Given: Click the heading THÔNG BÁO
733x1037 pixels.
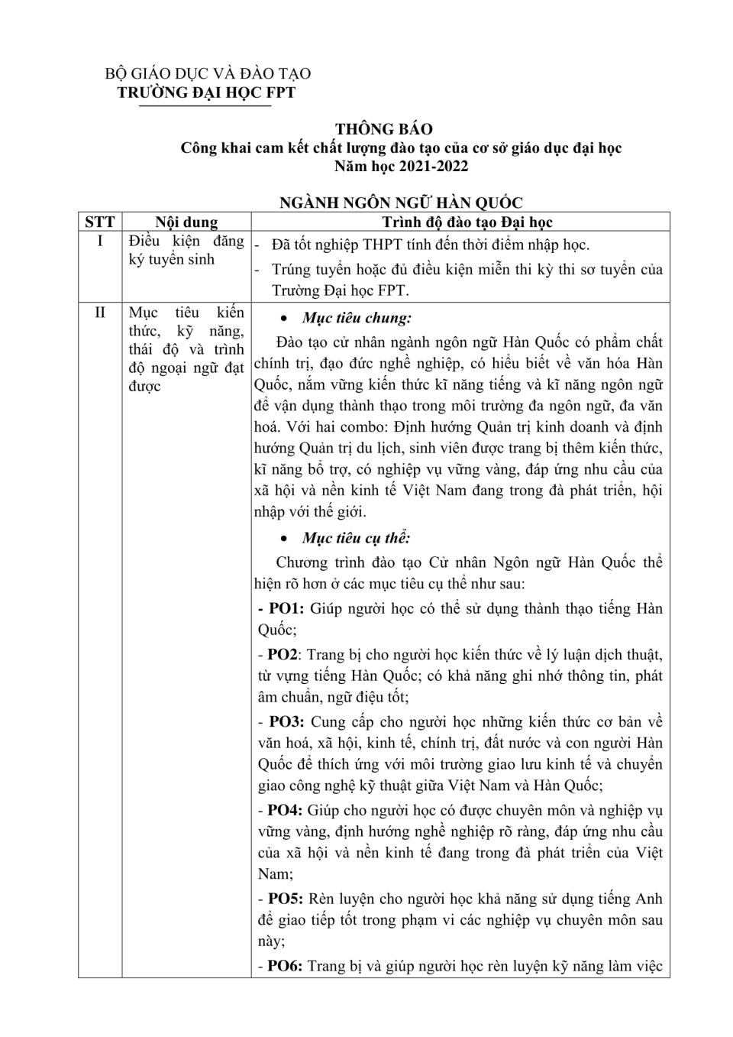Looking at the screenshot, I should click(x=383, y=129).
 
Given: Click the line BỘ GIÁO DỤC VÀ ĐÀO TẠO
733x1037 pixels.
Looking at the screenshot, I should click(x=208, y=74).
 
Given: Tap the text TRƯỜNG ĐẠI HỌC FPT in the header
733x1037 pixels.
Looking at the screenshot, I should click(x=205, y=93).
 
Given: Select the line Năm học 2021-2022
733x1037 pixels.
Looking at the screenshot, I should click(x=401, y=166).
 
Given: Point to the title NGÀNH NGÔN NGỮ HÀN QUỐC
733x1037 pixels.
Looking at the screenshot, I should click(x=401, y=203).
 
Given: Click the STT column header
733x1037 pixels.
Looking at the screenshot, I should click(x=100, y=222).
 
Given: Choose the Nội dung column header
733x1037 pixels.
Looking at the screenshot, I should click(x=186, y=222).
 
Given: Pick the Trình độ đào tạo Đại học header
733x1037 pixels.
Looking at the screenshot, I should click(x=467, y=222).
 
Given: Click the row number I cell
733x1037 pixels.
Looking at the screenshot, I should click(x=100, y=241).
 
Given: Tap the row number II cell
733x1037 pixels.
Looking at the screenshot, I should click(x=100, y=313).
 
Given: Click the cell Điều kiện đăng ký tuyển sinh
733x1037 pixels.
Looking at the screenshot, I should click(x=186, y=251).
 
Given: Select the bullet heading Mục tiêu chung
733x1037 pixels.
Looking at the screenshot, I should click(x=357, y=318).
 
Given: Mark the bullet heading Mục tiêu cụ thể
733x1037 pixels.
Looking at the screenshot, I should click(x=356, y=538).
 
